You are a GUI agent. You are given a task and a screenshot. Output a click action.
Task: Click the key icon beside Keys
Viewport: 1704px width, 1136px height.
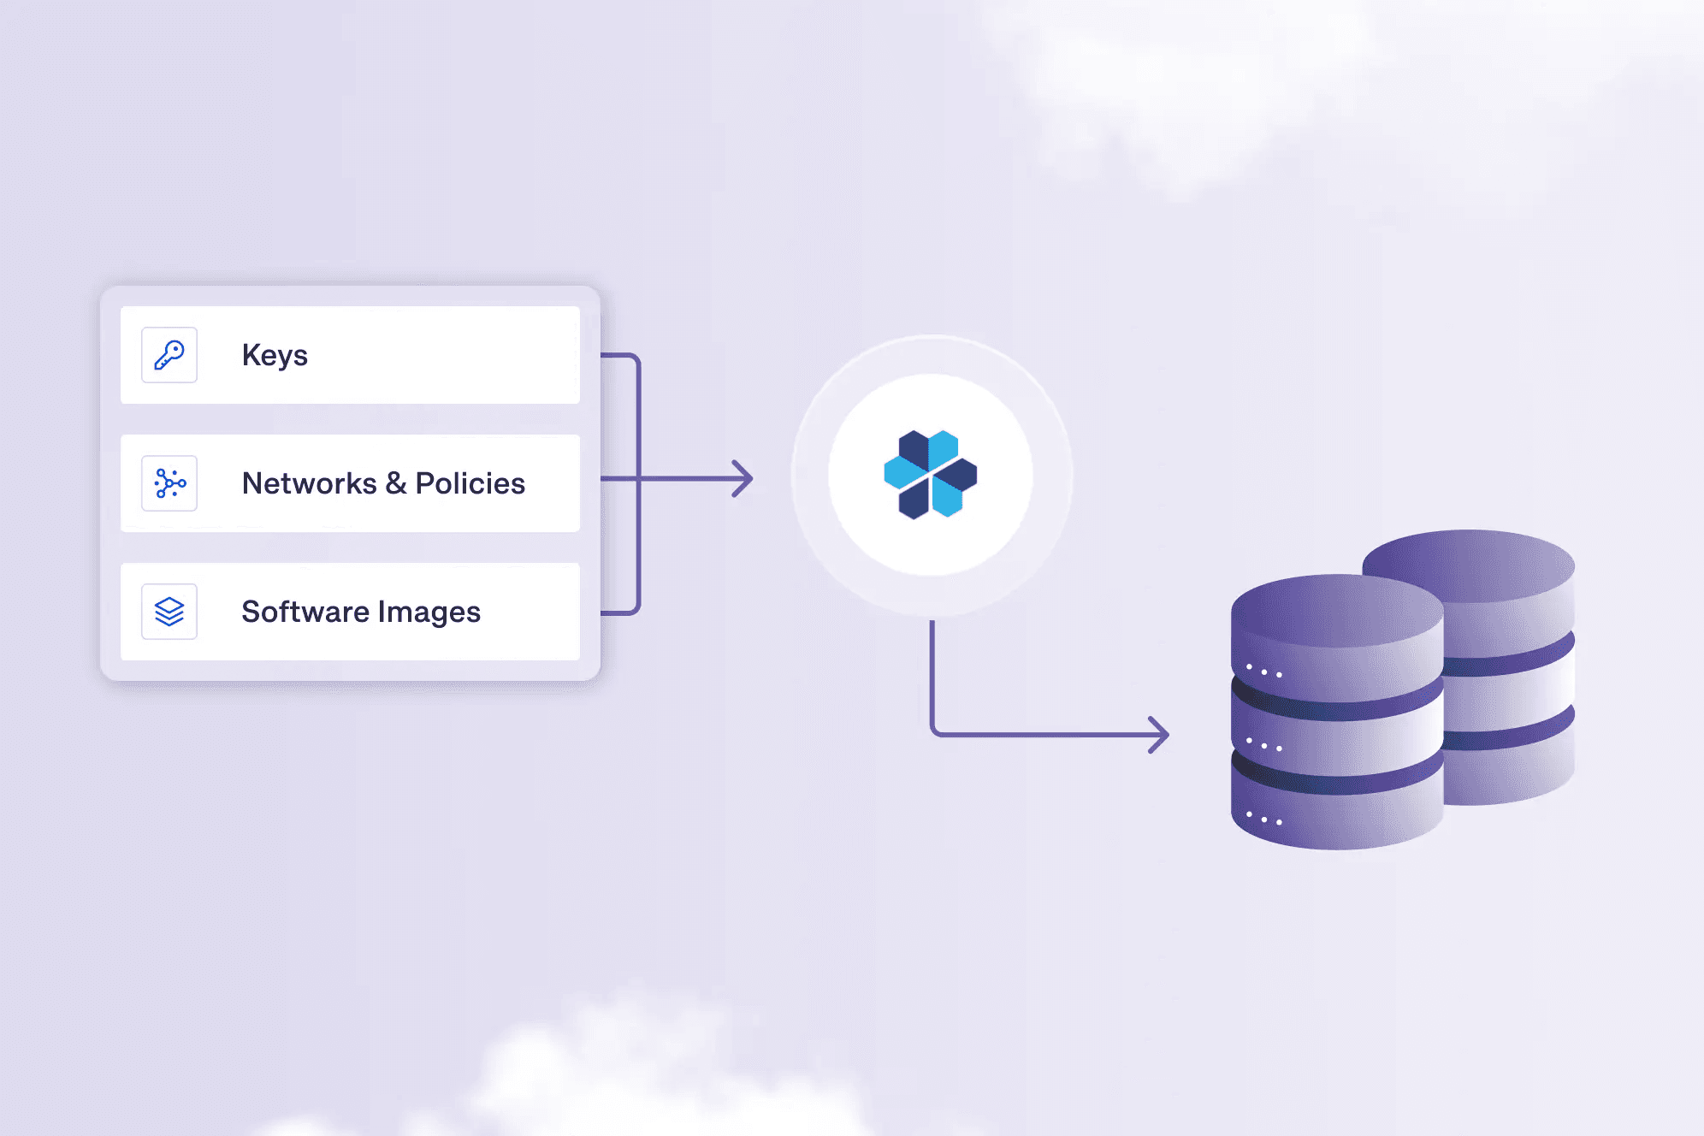coord(169,355)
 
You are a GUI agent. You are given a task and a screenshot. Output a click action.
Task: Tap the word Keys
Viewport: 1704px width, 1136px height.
coord(275,355)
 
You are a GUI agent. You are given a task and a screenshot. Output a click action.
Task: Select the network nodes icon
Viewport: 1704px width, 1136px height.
coord(169,483)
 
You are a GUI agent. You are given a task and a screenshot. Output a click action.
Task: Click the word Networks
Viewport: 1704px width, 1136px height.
coord(310,483)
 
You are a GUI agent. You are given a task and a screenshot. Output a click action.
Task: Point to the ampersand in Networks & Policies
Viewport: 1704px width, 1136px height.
coord(396,483)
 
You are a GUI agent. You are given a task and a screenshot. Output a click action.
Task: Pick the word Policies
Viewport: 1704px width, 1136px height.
coord(470,483)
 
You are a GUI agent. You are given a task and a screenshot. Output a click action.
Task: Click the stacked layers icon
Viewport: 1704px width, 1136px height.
coord(169,612)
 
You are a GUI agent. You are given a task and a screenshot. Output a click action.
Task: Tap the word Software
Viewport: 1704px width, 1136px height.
coord(305,612)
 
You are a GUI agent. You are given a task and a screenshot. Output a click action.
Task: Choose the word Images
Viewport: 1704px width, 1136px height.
coord(429,612)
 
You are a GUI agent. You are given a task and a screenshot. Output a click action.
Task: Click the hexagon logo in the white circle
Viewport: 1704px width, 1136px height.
coord(931,475)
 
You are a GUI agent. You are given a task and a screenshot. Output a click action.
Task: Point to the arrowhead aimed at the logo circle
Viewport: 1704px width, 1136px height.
coord(743,478)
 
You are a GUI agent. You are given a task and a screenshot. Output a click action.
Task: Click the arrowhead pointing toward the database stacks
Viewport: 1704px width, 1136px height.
coord(1159,735)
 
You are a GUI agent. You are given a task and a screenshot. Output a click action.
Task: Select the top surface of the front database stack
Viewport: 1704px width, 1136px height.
coord(1337,611)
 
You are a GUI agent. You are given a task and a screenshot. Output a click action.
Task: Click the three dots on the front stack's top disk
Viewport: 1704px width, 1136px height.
coord(1264,672)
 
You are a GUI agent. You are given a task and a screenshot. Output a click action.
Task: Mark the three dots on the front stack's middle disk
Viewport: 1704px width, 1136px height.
coord(1264,745)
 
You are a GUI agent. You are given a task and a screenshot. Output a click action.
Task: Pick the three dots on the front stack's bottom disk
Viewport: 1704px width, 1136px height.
coord(1264,819)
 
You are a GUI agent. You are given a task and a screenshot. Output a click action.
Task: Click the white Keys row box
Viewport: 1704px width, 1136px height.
coord(350,355)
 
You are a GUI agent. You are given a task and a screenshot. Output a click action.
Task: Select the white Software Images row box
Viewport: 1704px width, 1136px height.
coord(350,612)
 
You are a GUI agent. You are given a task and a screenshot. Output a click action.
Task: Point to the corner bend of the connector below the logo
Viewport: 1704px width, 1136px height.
coord(934,732)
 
